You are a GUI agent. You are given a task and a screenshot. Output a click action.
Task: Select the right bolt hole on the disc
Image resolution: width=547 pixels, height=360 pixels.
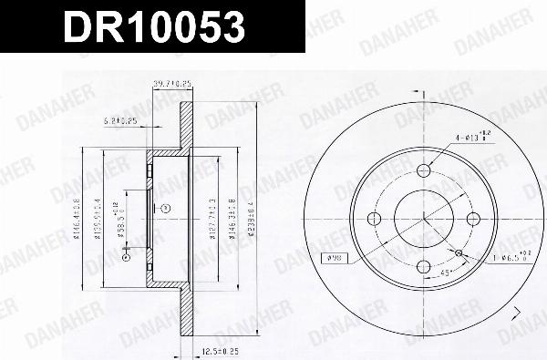[x=473, y=218]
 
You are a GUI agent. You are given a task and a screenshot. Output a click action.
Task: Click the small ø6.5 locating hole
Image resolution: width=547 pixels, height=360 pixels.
[x=459, y=252]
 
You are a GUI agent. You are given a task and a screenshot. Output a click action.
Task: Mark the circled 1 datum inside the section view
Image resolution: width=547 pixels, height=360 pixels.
[x=166, y=208]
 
